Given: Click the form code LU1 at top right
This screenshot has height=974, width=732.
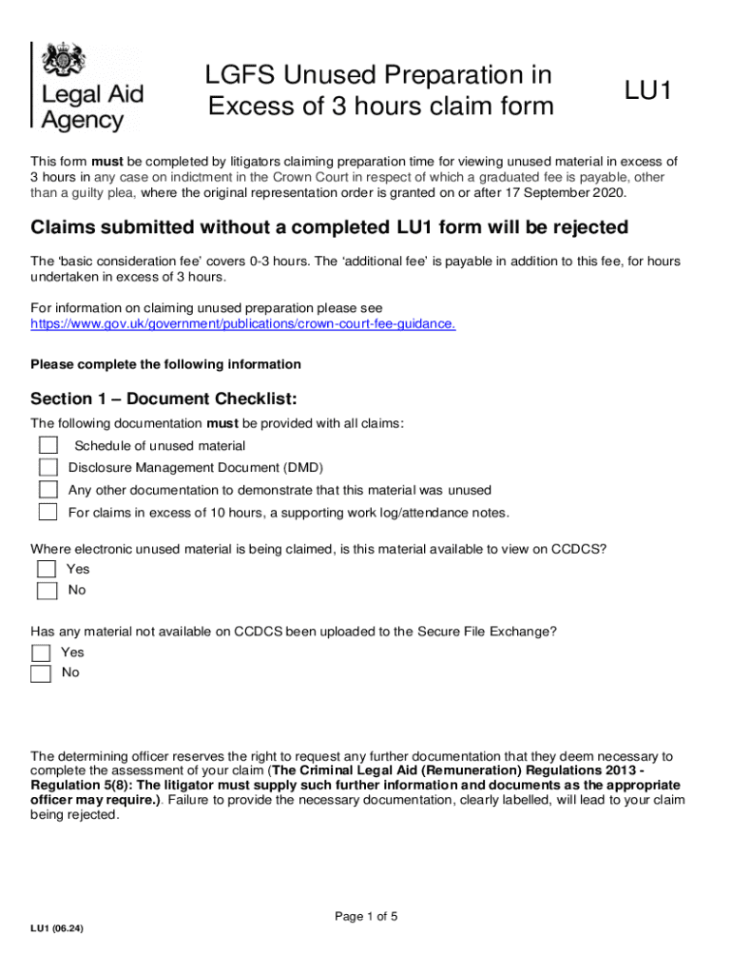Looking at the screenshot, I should [648, 91].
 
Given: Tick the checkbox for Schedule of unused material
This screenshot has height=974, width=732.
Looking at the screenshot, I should [48, 445].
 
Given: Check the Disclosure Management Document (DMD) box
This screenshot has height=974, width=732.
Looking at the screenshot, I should [48, 467].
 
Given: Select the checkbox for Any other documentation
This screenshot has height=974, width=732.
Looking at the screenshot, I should [48, 490].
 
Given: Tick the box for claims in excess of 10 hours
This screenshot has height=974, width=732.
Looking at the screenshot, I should [48, 513].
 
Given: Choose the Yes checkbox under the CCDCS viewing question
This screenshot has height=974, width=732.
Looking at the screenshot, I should [47, 569].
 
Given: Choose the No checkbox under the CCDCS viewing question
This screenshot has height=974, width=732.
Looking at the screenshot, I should [47, 591].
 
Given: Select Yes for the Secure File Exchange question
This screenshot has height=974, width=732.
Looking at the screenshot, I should [41, 653].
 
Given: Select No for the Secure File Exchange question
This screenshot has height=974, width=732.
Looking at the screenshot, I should [41, 673].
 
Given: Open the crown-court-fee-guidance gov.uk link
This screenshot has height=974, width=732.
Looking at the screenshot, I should [243, 323].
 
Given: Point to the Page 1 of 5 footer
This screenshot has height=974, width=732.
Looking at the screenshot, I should [366, 917].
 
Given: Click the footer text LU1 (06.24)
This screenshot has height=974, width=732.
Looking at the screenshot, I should [57, 928].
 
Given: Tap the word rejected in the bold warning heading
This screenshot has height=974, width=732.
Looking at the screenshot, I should [586, 228].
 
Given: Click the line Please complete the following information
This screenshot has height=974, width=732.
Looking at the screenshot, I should [165, 364].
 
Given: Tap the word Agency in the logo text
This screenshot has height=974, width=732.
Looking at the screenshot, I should [83, 121].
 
